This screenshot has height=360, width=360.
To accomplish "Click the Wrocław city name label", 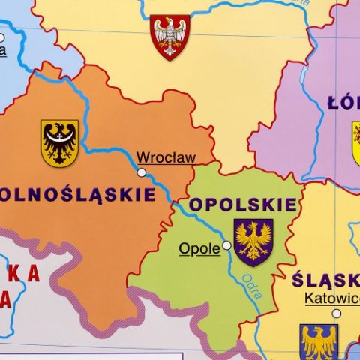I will tap(166, 157).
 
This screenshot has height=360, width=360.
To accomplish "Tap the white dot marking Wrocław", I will tap(142, 172).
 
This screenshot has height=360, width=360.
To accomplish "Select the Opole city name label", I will tap(199, 248).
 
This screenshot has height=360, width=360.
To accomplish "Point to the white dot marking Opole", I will tap(227, 245).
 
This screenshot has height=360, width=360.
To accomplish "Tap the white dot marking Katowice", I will tap(337, 313).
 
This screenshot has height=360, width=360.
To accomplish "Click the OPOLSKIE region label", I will tap(243, 205).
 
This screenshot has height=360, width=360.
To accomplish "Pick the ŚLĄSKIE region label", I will tap(327, 280).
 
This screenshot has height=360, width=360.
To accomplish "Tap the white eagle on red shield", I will tap(170, 36).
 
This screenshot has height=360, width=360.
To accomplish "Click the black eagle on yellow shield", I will tap(59, 142).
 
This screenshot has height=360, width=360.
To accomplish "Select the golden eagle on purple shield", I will tap(253, 241).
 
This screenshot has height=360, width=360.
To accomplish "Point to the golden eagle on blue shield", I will tap(319, 342).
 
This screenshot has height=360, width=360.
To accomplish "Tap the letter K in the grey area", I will tap(13, 274).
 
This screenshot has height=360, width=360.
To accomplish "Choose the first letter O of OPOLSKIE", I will tap(196, 205).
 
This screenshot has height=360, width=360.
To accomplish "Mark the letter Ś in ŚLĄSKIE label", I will tap(301, 279).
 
